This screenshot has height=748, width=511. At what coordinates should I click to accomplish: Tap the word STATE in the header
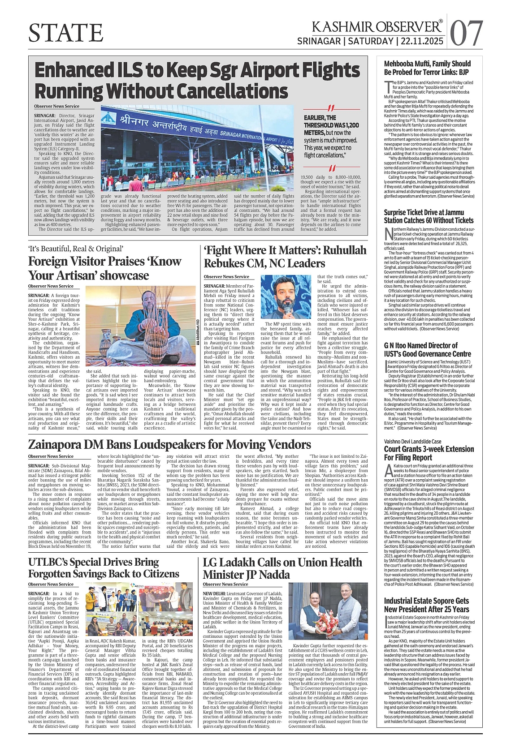pyautogui.click(x=66, y=33)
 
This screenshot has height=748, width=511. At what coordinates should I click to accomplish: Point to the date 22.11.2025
pyautogui.click(x=421, y=41)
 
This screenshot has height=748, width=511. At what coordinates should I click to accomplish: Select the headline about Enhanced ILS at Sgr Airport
pyautogui.click(x=197, y=81)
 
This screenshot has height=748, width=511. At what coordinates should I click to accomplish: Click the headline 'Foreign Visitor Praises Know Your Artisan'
pyautogui.click(x=105, y=268)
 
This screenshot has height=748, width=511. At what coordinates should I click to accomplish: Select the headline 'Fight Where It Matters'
pyautogui.click(x=285, y=256)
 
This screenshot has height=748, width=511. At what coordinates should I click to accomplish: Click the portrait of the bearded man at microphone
pyautogui.click(x=286, y=297)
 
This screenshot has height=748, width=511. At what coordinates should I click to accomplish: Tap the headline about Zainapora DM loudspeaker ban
pyautogui.click(x=169, y=444)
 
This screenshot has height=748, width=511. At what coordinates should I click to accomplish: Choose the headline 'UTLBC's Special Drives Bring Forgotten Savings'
pyautogui.click(x=104, y=567)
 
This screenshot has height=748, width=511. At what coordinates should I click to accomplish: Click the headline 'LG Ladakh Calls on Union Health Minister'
pyautogui.click(x=282, y=568)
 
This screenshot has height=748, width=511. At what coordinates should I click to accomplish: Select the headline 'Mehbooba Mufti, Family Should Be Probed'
pyautogui.click(x=427, y=67)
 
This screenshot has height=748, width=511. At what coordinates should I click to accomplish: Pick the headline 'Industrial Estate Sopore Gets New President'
pyautogui.click(x=426, y=605)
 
